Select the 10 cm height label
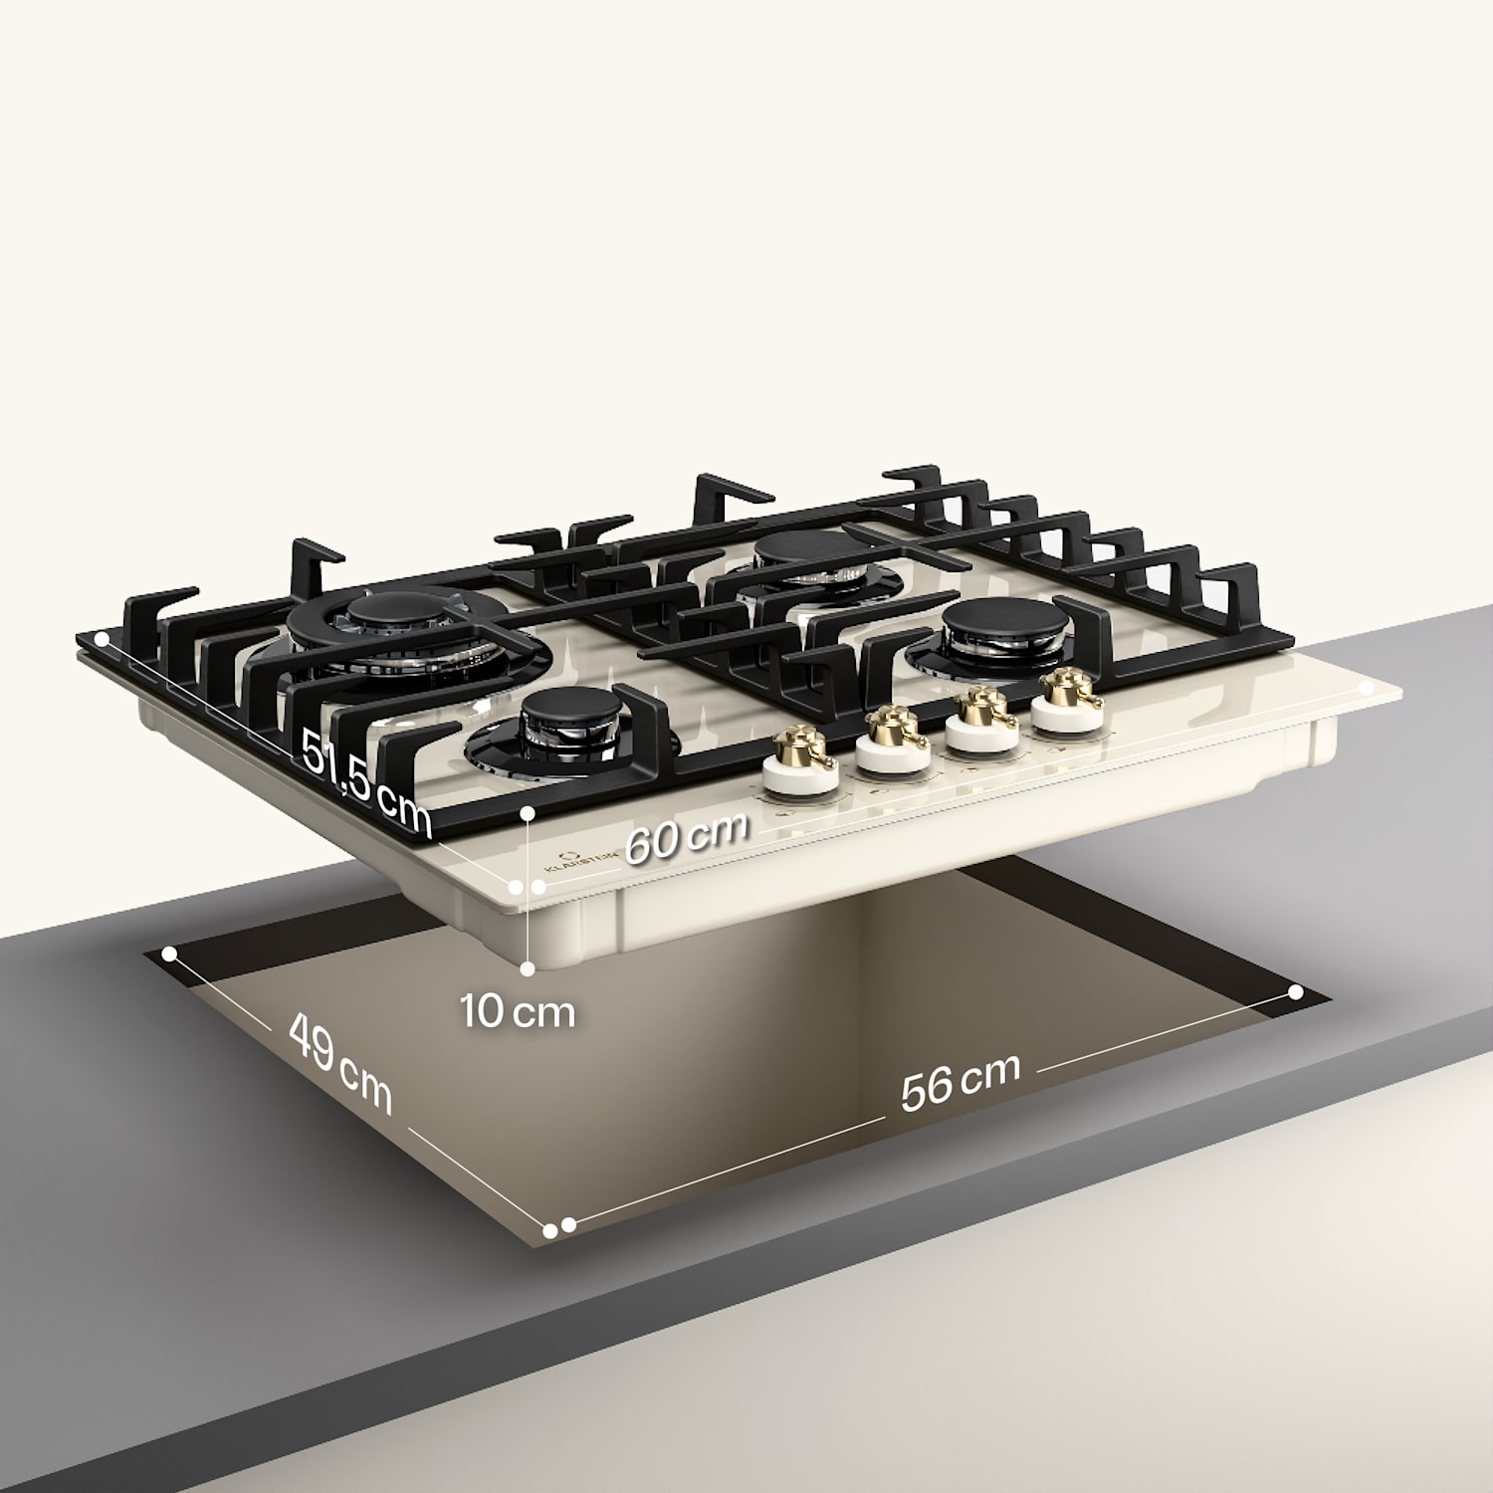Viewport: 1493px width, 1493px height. (x=518, y=1011)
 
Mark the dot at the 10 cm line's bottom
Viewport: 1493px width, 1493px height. (x=528, y=967)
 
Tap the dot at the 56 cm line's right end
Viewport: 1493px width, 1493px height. (x=1295, y=992)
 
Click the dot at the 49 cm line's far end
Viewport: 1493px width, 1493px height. (x=169, y=954)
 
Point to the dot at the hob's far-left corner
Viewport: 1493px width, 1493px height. (x=100, y=637)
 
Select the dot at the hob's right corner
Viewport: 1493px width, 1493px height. (x=1368, y=688)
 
